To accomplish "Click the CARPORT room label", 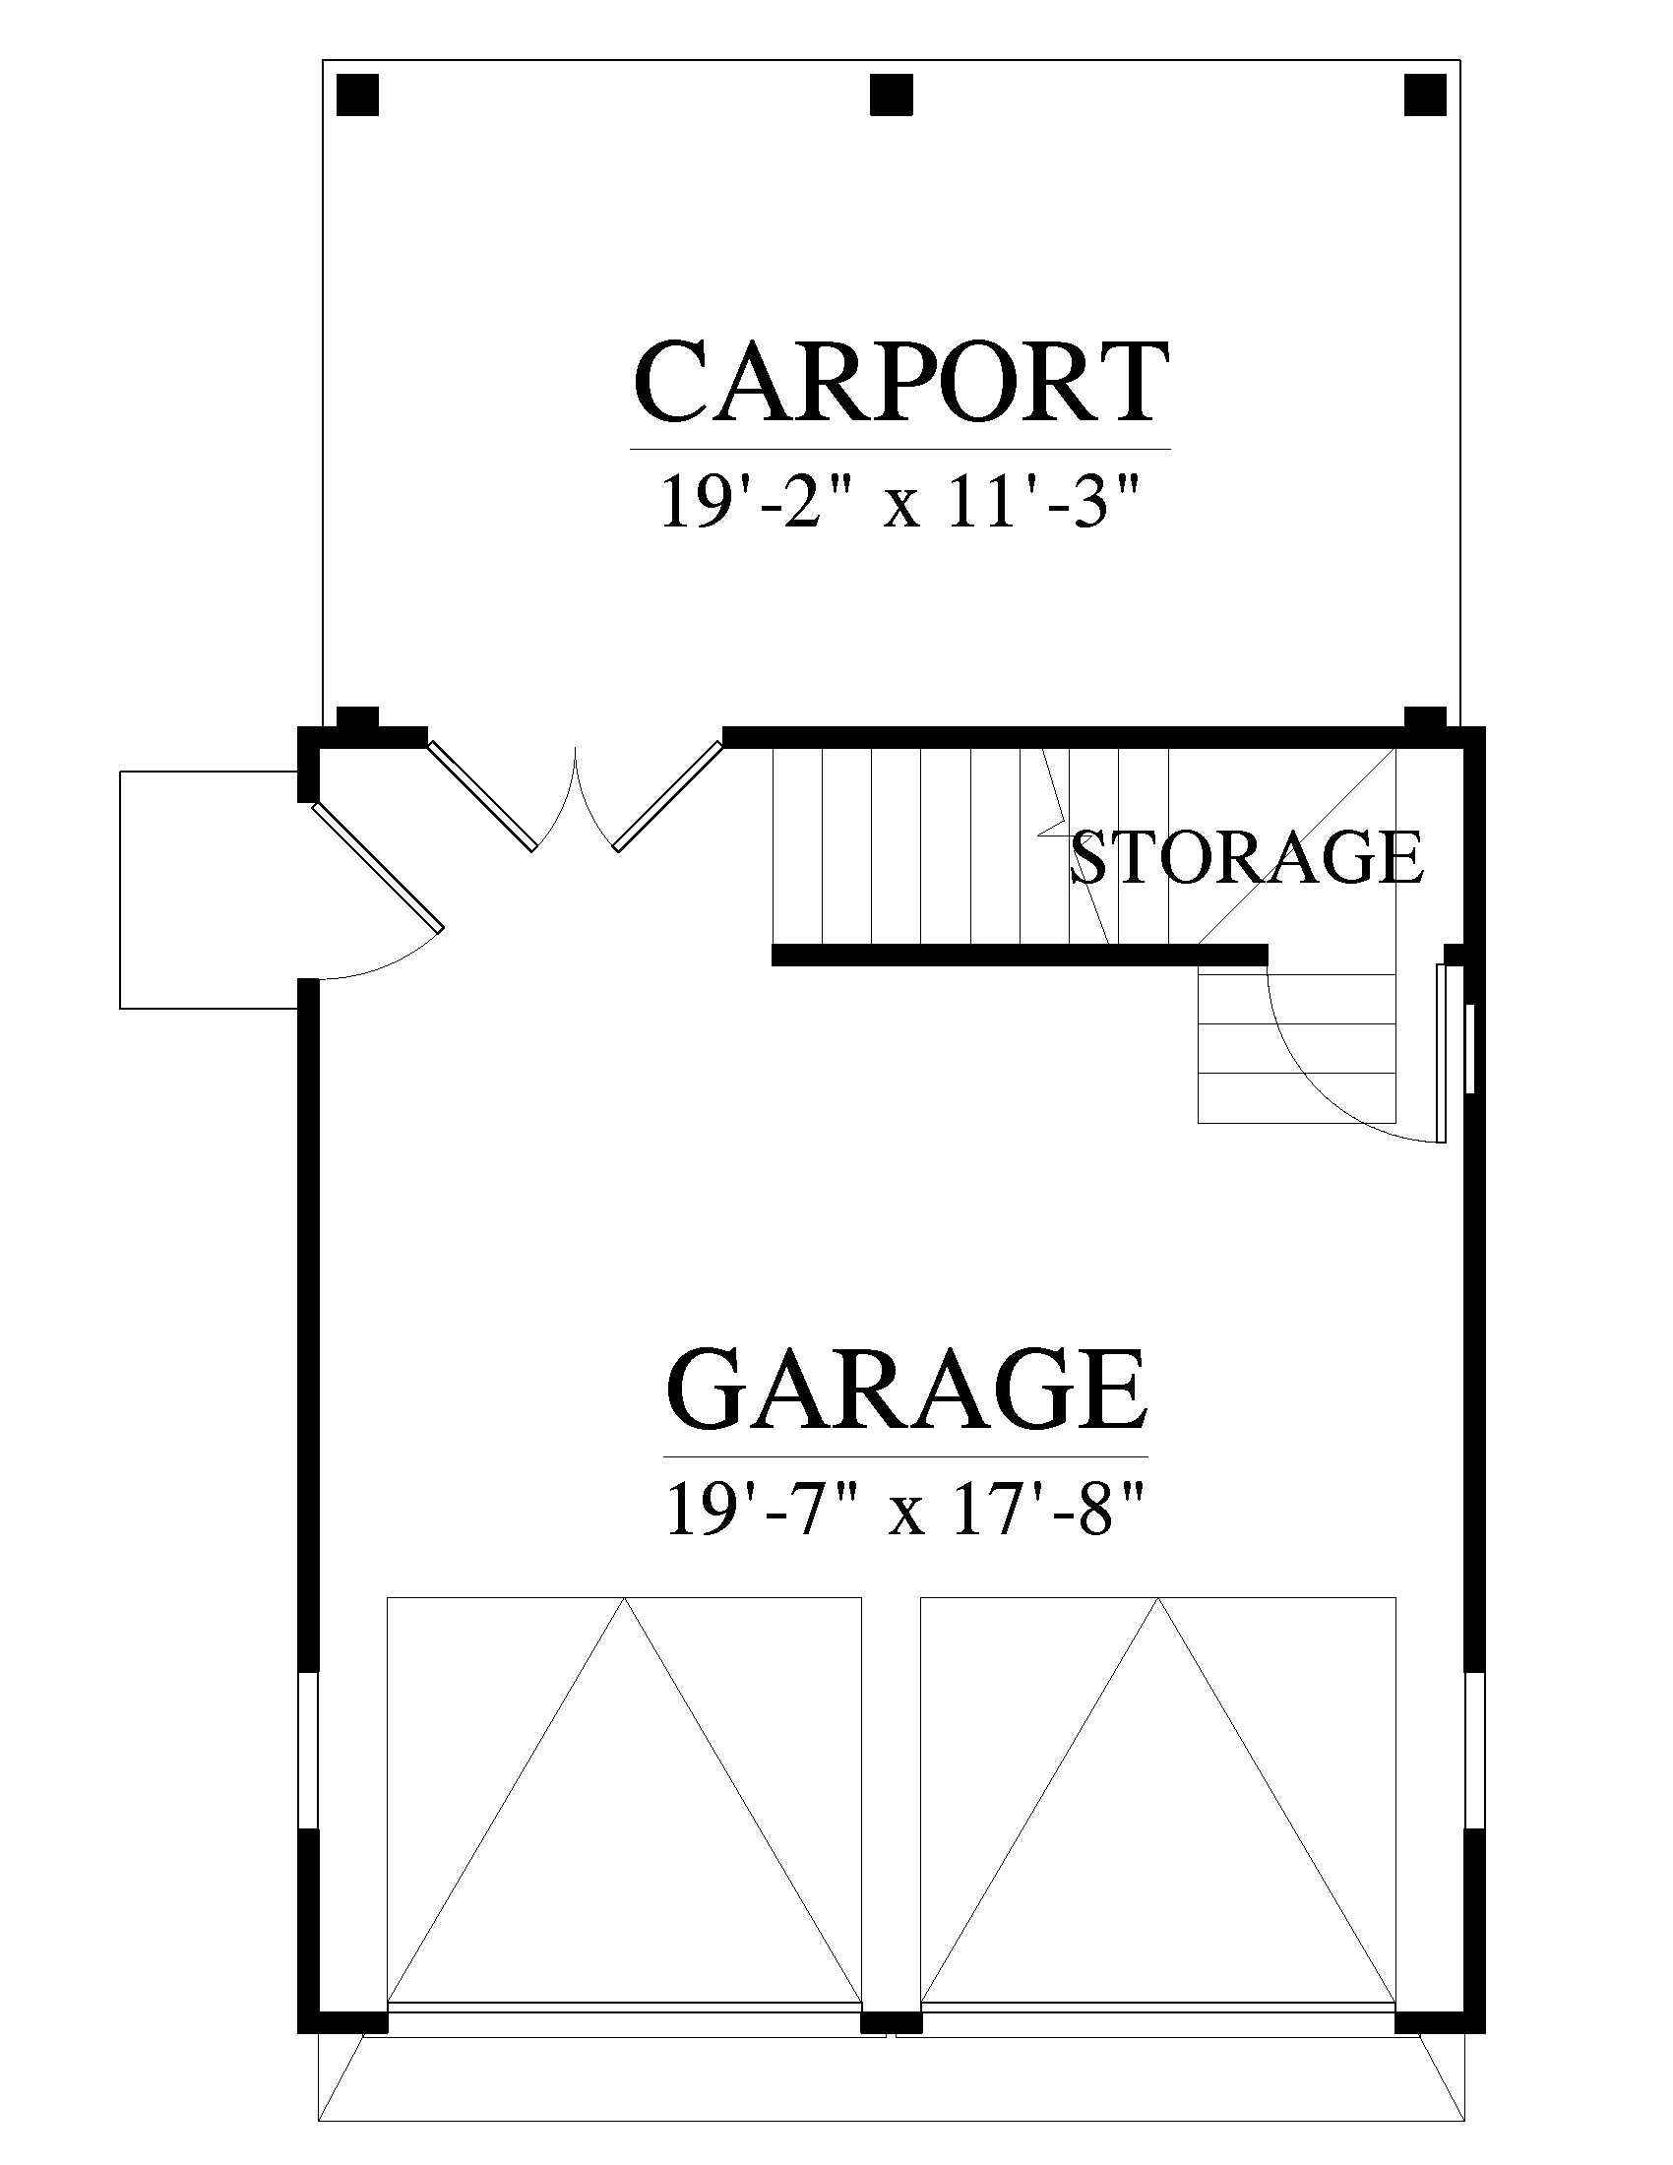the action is coord(898,382).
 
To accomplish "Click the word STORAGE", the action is coord(1248,857).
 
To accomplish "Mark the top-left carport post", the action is coord(358,95).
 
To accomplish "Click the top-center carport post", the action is coord(891,95).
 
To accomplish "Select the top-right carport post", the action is coord(1425,95).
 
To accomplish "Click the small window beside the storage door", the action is coord(1471,1049).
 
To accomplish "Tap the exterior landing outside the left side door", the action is coord(209,890).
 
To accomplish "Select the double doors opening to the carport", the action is coord(576,798).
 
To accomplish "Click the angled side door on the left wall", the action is coord(378,866).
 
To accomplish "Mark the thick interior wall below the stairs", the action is coord(1019,955).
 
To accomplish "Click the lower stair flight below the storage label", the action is coord(1296,1048).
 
